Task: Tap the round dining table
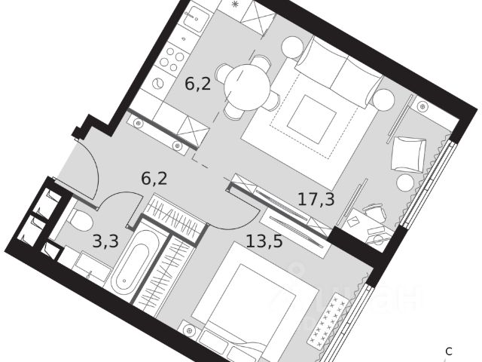pyautogui.click(x=246, y=78)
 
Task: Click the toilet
pyautogui.click(x=78, y=219)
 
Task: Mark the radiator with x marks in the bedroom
pyautogui.click(x=330, y=321)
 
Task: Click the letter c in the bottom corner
pyautogui.click(x=449, y=351)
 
